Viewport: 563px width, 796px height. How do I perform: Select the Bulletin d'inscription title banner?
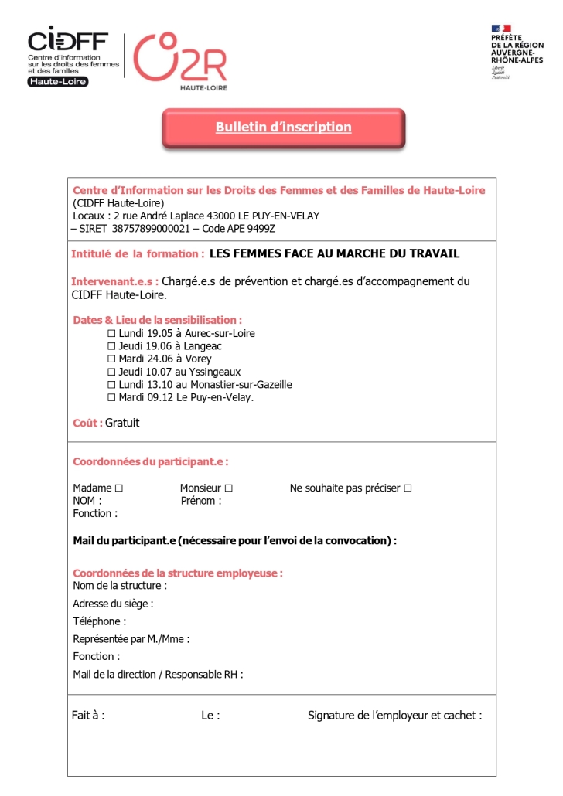tap(283, 128)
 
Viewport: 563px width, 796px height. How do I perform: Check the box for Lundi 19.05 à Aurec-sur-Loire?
tap(112, 334)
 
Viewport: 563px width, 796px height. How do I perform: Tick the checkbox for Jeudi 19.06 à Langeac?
tap(112, 346)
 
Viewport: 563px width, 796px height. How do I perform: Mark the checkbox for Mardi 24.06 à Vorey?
tap(112, 359)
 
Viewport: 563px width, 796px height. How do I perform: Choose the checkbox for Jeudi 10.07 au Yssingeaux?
tap(112, 372)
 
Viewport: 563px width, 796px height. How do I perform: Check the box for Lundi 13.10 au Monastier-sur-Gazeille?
tap(112, 385)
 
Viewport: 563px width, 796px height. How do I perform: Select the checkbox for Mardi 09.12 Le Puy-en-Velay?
tap(112, 397)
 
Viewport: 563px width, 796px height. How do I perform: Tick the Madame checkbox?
tap(118, 488)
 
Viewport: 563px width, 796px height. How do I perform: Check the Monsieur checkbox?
tap(229, 488)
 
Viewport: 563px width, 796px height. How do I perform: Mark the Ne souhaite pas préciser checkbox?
tap(408, 488)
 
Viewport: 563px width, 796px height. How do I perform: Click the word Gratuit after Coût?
tap(122, 424)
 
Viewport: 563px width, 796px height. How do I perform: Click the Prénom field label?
tap(200, 501)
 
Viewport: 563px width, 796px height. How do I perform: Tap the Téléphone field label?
tap(99, 621)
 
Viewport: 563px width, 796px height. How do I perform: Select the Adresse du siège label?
tap(113, 604)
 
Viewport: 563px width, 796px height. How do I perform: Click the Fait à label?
tap(88, 716)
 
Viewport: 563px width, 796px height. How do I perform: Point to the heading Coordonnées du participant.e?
tap(151, 462)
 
